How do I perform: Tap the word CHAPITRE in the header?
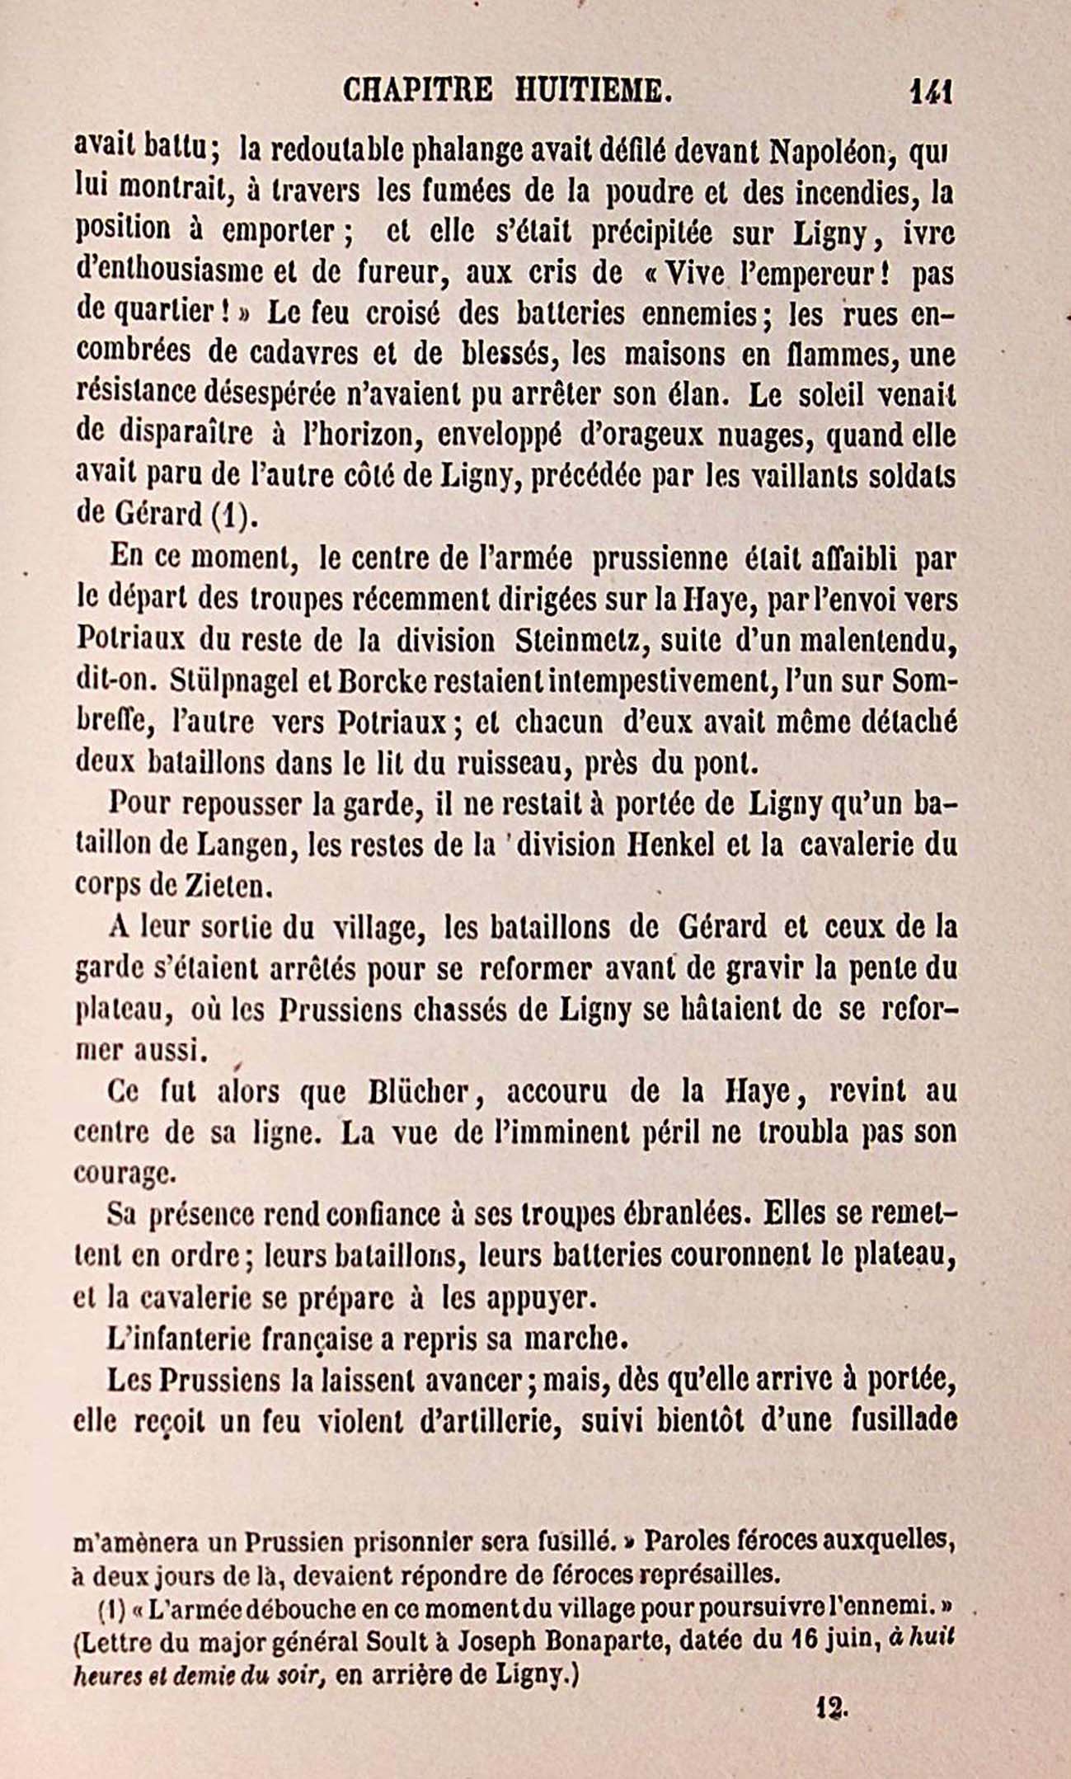click(417, 88)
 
